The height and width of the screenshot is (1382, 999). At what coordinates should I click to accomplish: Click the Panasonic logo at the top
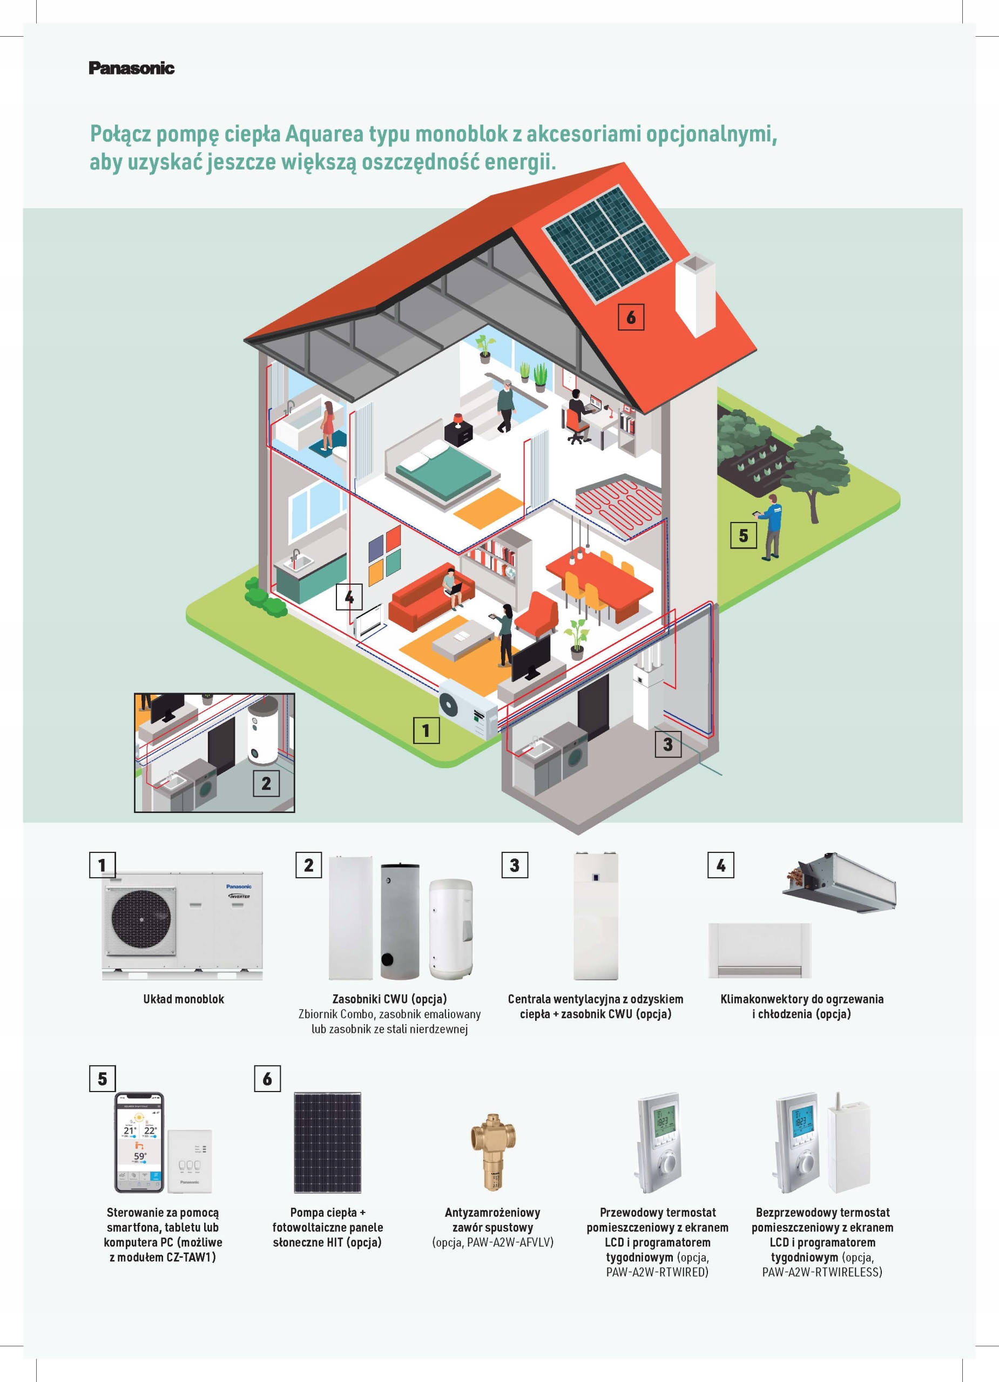coord(131,67)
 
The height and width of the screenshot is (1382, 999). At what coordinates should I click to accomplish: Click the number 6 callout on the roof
coord(631,317)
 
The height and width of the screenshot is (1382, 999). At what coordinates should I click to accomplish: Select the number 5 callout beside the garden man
coord(743,536)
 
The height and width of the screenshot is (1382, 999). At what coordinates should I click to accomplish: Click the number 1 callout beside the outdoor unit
coord(426,730)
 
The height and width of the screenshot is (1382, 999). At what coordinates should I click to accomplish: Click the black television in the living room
coord(531,658)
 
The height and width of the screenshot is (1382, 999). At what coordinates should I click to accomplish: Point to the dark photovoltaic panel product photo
coord(327,1142)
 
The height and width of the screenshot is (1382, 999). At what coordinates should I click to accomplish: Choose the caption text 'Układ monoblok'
coord(184,999)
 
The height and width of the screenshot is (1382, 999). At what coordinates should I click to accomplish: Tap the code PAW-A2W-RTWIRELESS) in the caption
coord(822,1272)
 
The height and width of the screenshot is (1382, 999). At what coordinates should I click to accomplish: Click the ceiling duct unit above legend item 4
coord(840,881)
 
